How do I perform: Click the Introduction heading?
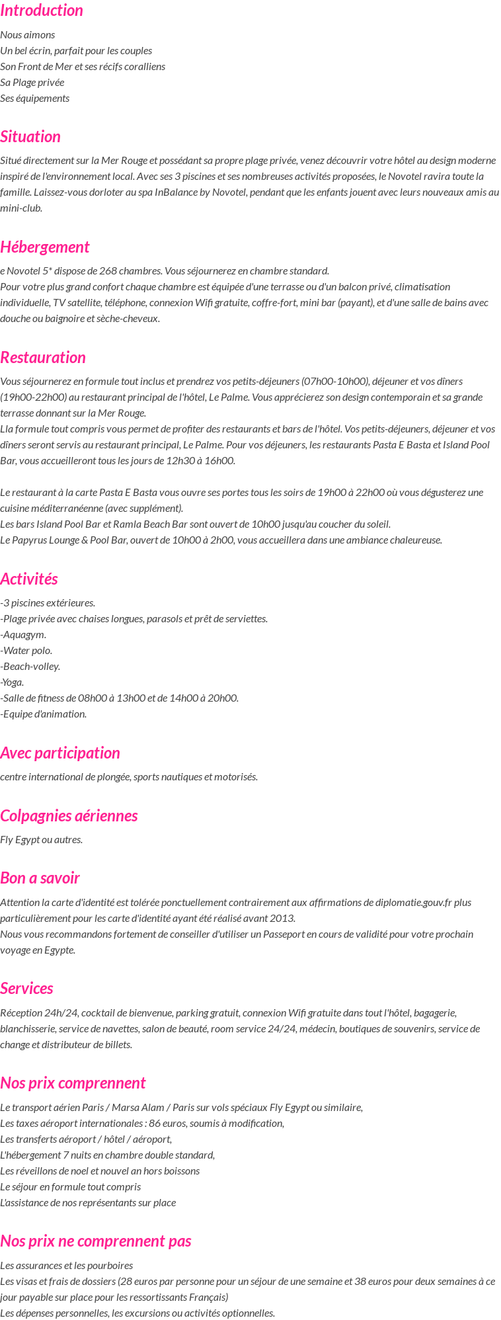click(42, 11)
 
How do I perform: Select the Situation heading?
click(30, 137)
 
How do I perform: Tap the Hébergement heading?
click(44, 247)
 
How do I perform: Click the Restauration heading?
click(43, 358)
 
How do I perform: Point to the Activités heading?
click(29, 579)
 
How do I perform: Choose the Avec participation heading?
click(60, 753)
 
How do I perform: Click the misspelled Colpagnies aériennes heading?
click(69, 816)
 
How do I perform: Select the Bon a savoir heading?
click(40, 878)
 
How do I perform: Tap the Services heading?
click(26, 989)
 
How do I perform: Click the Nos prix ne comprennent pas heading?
click(96, 1241)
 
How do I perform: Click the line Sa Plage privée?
click(32, 83)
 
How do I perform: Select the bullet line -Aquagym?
click(23, 635)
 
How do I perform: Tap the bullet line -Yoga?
click(13, 682)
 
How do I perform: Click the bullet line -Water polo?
click(26, 651)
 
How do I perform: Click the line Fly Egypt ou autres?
click(42, 840)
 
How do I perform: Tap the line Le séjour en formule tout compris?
click(71, 1187)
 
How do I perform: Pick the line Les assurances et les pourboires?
click(67, 1266)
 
